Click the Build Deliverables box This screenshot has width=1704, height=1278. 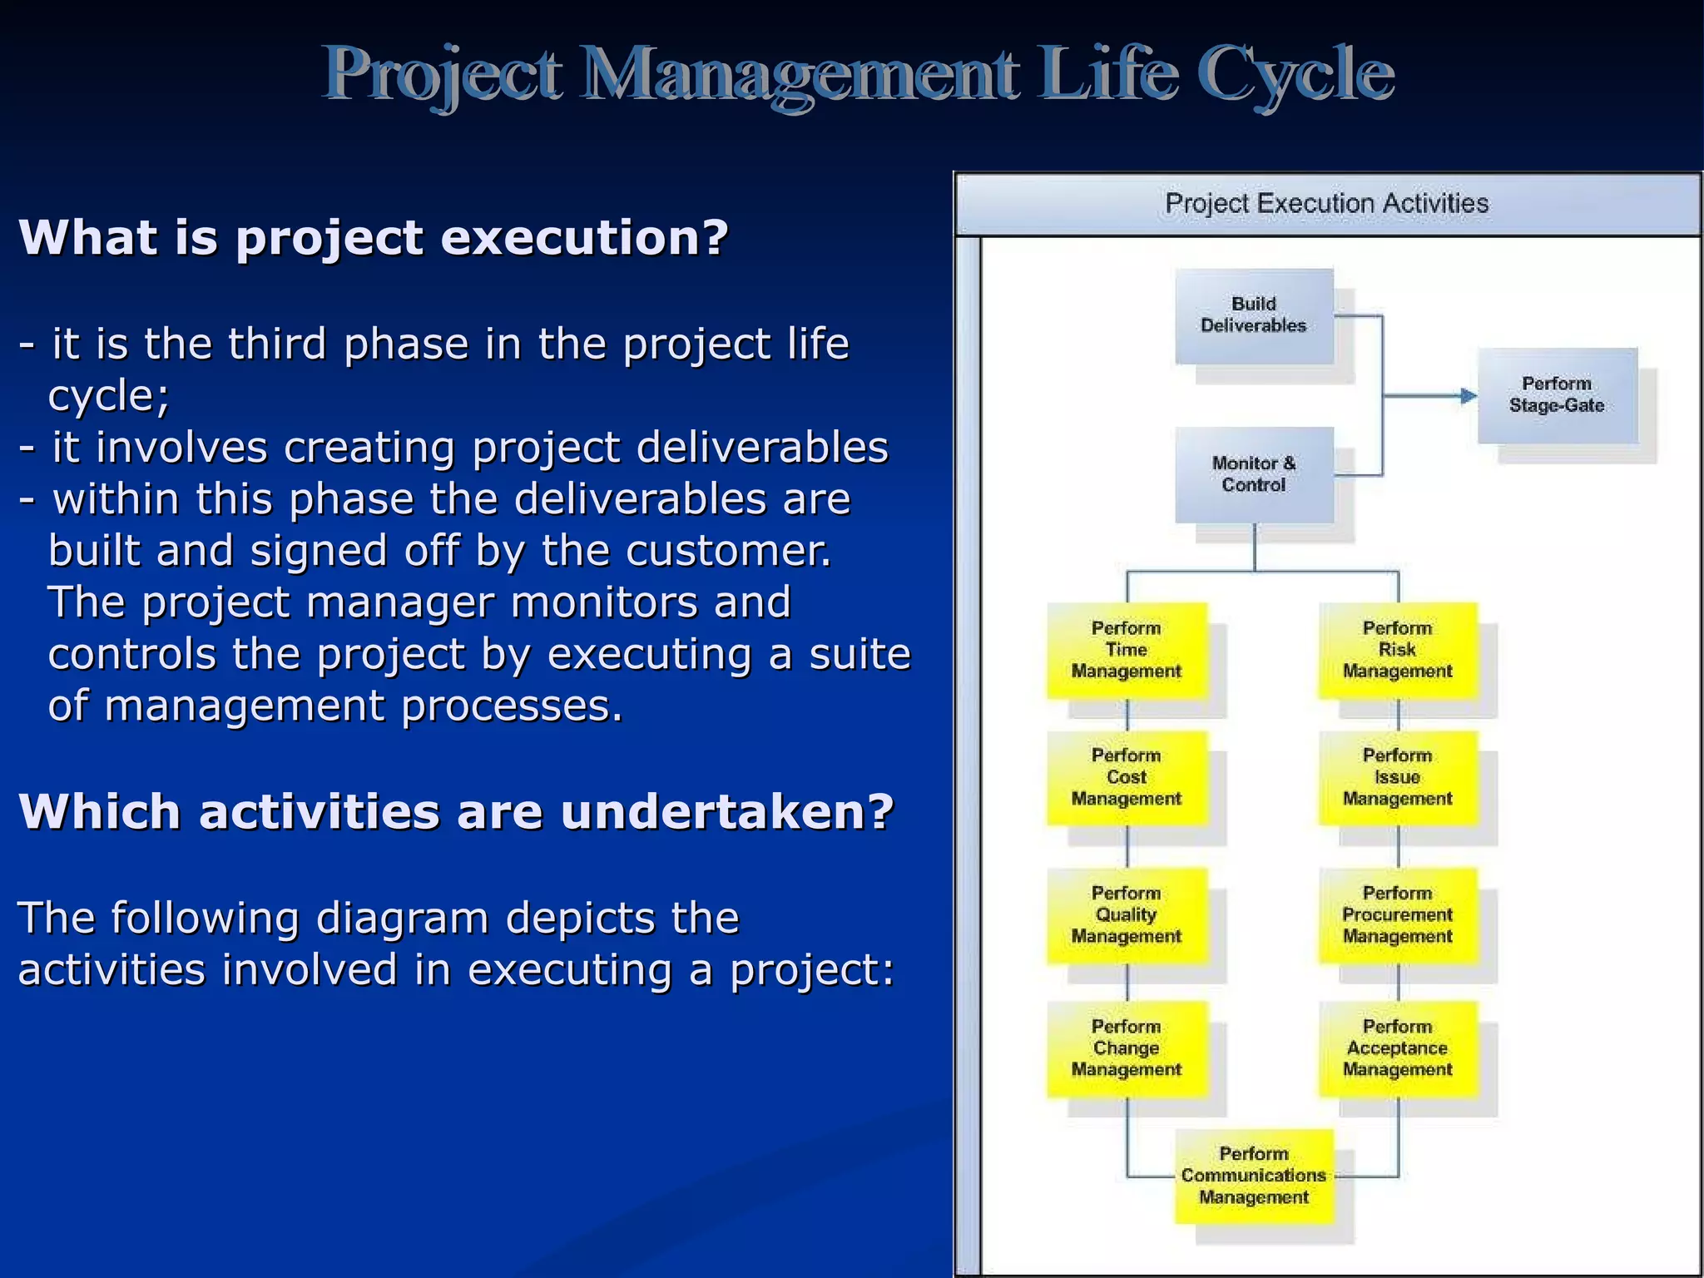tap(1254, 315)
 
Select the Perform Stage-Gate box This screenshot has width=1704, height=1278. tap(1557, 395)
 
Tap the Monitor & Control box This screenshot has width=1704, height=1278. tap(1254, 474)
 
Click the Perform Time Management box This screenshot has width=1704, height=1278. tap(1127, 650)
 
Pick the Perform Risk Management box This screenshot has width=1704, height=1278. tap(1398, 650)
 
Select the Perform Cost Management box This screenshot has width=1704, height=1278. tap(1127, 777)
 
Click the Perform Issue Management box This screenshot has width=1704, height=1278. tap(1398, 777)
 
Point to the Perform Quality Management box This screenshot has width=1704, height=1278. tap(1127, 915)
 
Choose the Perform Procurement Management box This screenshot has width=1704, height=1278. tap(1398, 915)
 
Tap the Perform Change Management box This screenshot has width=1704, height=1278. tap(1127, 1048)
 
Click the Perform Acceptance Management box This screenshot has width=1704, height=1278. tap(1398, 1048)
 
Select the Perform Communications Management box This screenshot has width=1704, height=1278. tap(1254, 1176)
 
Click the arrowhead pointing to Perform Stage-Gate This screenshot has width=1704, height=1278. tap(1469, 396)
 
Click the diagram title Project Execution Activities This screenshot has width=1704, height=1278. tap(1326, 203)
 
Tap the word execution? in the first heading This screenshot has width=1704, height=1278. tap(584, 238)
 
